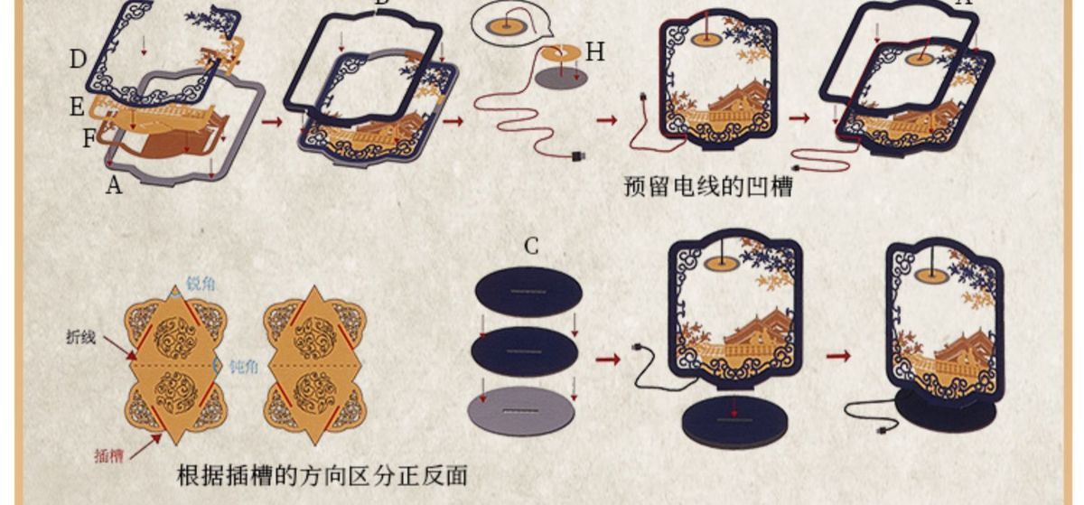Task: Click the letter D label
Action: [78, 61]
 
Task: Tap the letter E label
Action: [77, 108]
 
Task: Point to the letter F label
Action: [89, 139]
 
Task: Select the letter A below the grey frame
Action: [113, 185]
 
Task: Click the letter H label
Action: [594, 52]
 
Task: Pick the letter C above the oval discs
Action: [531, 246]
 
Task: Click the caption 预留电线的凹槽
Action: [708, 187]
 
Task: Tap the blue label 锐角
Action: [201, 284]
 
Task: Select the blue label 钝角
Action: [242, 367]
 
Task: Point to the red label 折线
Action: [81, 338]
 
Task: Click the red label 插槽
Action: [108, 456]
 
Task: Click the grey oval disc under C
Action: [521, 411]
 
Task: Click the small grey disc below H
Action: [561, 79]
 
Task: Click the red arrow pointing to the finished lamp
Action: [838, 356]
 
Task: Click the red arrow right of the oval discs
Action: [609, 360]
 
